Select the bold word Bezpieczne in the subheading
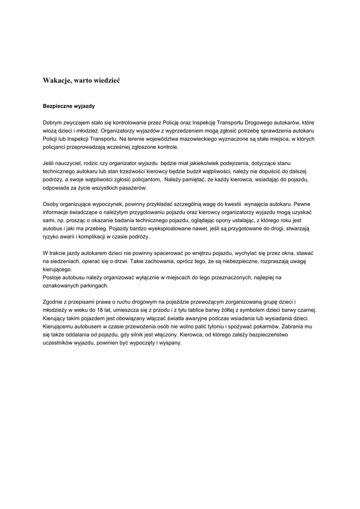pyautogui.click(x=58, y=106)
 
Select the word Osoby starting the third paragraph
pyautogui.click(x=51, y=204)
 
